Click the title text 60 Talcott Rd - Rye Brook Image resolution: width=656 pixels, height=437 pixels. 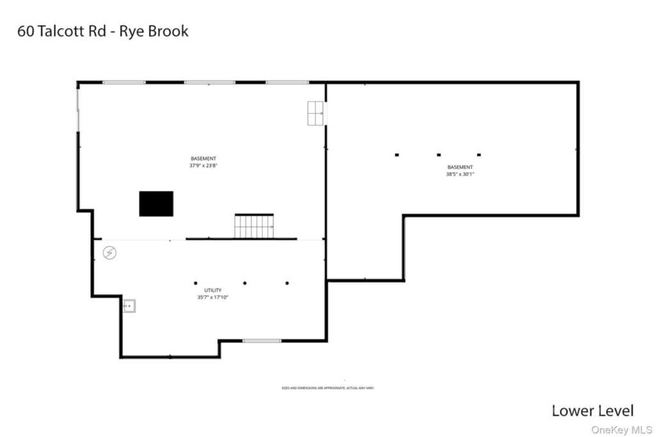102,31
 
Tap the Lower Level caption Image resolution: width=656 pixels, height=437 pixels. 593,411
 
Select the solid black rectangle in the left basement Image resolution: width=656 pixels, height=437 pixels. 156,203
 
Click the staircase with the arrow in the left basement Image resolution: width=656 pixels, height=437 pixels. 254,226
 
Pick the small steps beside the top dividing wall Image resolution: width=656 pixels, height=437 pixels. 315,113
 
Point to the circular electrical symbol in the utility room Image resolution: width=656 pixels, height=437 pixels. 110,253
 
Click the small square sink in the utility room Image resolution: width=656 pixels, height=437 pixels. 129,306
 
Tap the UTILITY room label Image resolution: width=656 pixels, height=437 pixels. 213,290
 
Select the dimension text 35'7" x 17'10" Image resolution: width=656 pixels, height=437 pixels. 213,297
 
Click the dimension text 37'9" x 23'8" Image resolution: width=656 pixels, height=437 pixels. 204,165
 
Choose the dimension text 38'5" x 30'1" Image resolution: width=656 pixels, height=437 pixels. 460,174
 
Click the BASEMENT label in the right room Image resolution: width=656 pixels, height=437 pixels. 460,167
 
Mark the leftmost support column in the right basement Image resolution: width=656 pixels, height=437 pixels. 397,154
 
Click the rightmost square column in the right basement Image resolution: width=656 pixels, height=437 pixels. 479,154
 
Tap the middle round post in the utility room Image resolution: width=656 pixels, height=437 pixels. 245,283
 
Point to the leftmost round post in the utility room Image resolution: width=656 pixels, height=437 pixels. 196,283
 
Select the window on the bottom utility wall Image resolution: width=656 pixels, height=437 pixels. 261,340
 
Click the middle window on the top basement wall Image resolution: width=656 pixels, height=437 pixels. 209,83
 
